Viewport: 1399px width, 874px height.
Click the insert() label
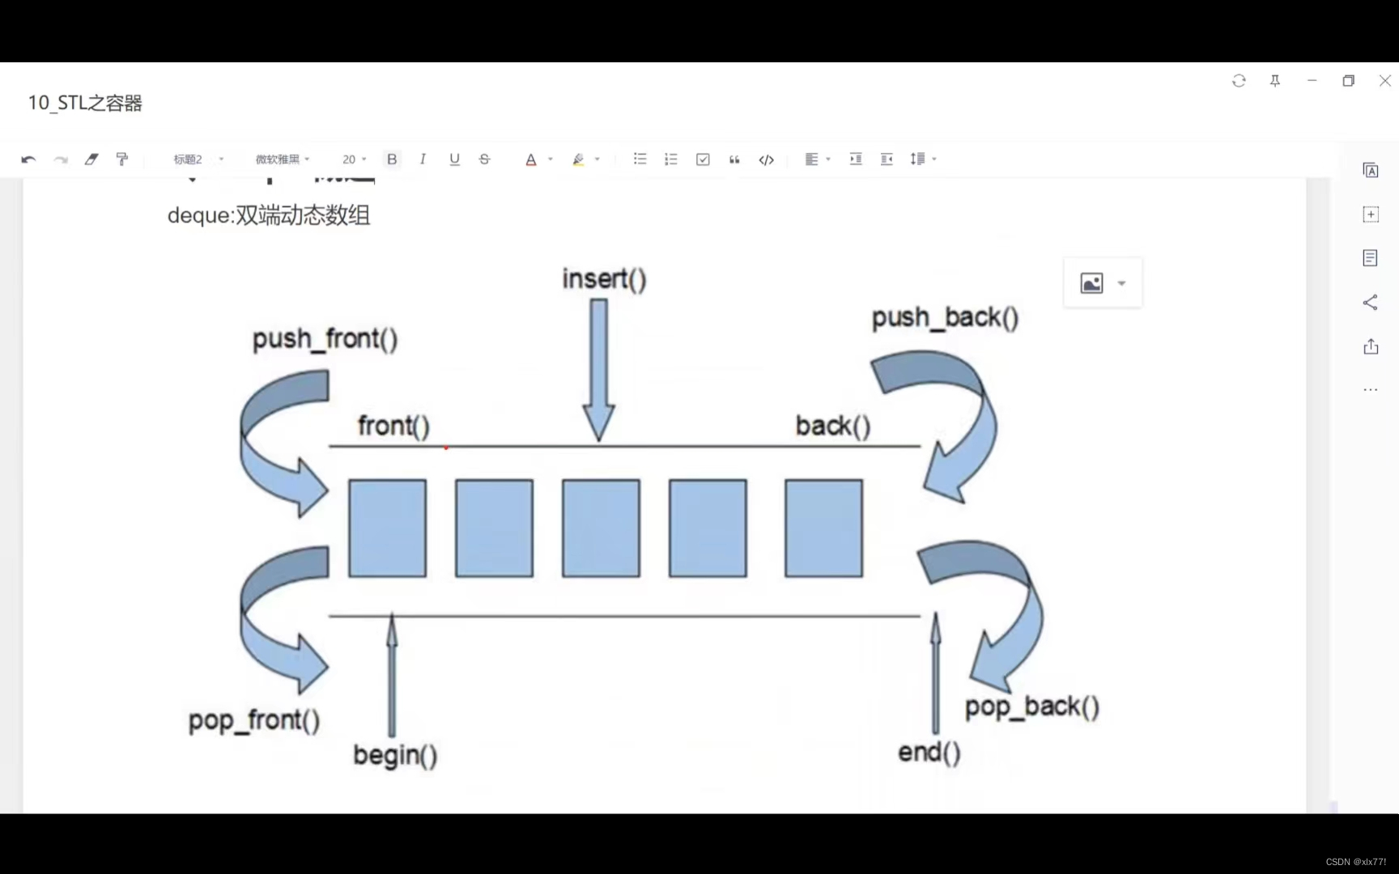(x=604, y=279)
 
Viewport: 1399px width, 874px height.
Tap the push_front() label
(x=325, y=339)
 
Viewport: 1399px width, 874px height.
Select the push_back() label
(x=945, y=317)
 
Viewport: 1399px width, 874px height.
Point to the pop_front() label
(x=254, y=720)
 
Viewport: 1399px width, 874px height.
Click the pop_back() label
(x=1031, y=706)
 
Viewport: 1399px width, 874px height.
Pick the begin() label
(x=395, y=755)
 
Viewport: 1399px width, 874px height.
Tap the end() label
(x=929, y=753)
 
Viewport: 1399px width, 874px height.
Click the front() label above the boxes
(x=393, y=426)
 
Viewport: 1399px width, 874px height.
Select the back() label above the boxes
(x=832, y=426)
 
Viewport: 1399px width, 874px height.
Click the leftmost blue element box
(x=387, y=528)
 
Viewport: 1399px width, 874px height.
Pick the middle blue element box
(x=601, y=528)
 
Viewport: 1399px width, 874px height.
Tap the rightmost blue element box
(x=823, y=528)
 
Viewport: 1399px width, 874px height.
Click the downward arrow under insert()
(x=599, y=368)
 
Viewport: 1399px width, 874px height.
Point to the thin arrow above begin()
(x=392, y=676)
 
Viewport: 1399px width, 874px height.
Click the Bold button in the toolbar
(x=392, y=159)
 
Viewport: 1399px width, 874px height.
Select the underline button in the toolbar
(x=454, y=159)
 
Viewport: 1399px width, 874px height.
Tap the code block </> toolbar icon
(x=766, y=159)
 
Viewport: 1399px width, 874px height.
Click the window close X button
(x=1384, y=81)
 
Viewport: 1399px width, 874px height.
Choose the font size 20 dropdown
(x=354, y=159)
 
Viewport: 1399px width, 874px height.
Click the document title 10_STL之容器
(x=85, y=103)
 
